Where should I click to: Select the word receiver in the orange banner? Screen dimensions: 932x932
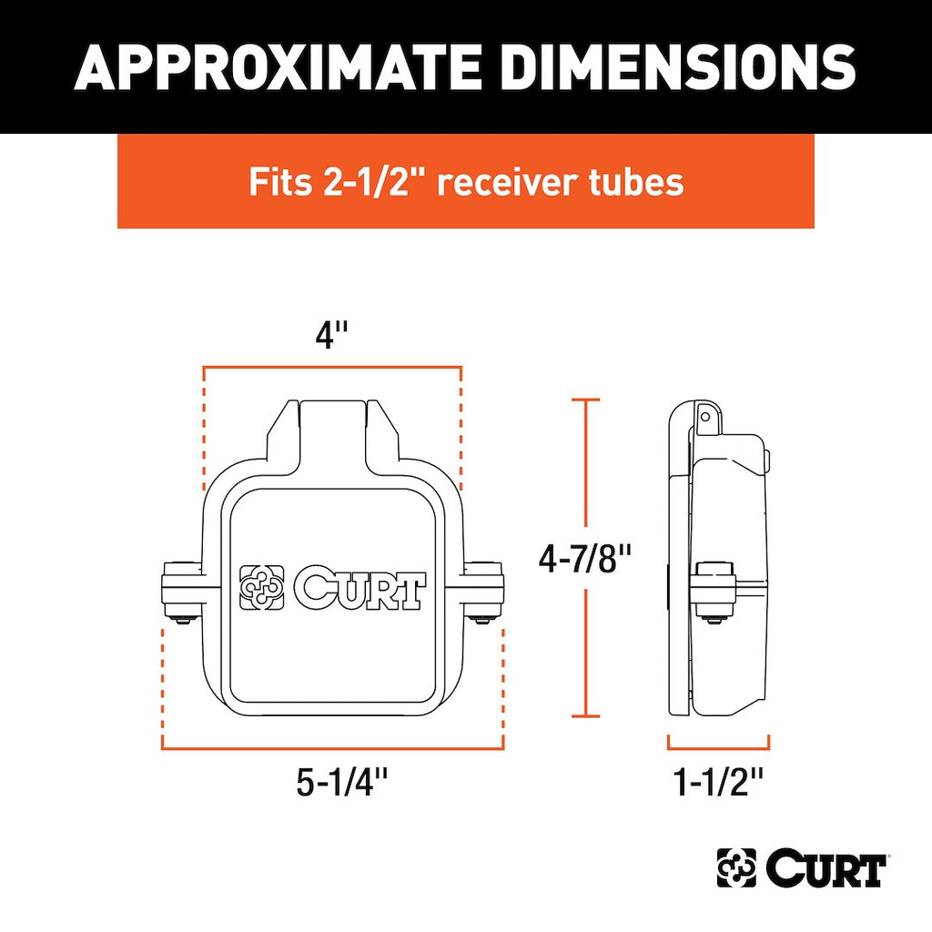(x=508, y=182)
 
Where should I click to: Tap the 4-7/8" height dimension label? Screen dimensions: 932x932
(x=584, y=559)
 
